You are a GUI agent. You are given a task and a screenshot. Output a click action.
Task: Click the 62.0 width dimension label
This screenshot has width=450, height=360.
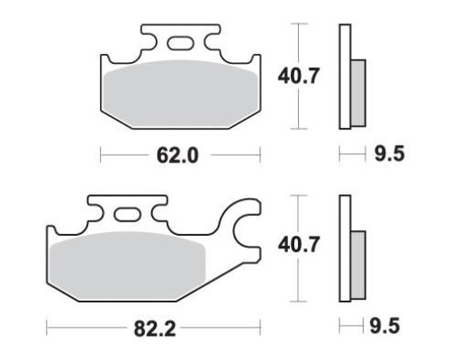(x=177, y=156)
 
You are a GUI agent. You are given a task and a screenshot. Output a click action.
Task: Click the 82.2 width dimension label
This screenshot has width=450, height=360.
(x=155, y=328)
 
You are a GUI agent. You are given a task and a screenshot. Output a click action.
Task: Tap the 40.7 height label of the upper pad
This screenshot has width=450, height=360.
(x=298, y=76)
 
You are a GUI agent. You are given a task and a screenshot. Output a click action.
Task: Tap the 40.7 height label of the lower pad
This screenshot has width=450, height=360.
(x=298, y=245)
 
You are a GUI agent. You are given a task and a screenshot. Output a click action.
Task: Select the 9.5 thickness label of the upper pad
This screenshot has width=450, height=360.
(x=390, y=154)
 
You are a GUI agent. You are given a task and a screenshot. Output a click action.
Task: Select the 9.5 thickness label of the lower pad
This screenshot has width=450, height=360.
(x=384, y=326)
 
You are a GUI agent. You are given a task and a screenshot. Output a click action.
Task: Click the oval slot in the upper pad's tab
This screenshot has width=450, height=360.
(x=181, y=43)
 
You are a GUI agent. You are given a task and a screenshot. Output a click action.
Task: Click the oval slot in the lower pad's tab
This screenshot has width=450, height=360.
(x=127, y=215)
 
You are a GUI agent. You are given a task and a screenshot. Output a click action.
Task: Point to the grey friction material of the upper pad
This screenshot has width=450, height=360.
(x=181, y=94)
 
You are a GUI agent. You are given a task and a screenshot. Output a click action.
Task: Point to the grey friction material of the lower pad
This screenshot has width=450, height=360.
(x=128, y=265)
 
